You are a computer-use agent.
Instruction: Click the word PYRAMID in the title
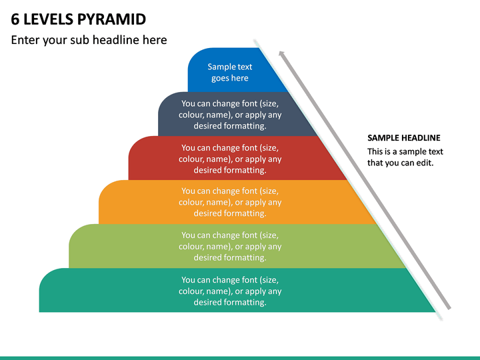[111, 19]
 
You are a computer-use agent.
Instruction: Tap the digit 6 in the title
[15, 19]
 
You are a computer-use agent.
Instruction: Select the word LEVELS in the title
[48, 19]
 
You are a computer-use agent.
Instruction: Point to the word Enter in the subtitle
[25, 40]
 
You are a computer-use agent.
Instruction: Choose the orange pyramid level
[236, 202]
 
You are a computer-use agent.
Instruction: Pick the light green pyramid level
[236, 247]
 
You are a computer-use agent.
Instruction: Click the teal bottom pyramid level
[236, 291]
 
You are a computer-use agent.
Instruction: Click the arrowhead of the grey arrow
[281, 54]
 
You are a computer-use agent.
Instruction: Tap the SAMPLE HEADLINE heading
[404, 138]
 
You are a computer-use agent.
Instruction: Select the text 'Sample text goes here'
[230, 72]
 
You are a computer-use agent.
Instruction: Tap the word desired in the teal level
[207, 303]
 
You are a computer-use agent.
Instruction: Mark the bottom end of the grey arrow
[449, 309]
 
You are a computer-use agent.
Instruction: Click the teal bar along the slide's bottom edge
[240, 358]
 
